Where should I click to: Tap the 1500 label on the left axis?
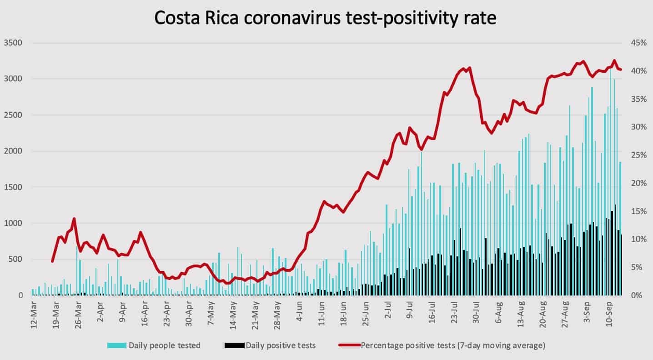pos(13,187)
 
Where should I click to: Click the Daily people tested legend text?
pos(165,345)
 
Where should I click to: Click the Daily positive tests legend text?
pos(281,345)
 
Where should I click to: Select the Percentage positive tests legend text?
pos(453,345)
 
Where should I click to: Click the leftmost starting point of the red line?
pos(52,262)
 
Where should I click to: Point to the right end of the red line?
pos(621,70)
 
